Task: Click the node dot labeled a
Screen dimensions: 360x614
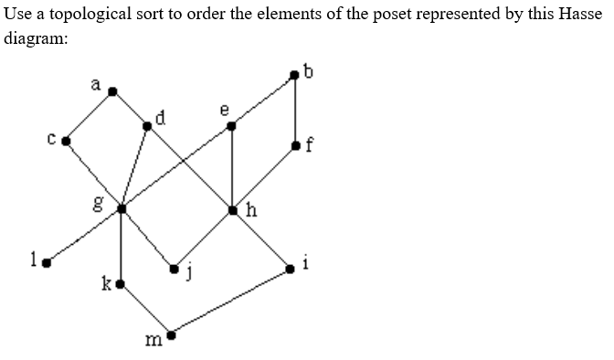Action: click(x=112, y=91)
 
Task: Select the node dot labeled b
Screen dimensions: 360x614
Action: click(x=294, y=73)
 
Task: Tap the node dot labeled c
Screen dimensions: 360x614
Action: click(x=66, y=142)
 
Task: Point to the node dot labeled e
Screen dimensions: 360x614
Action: click(x=232, y=125)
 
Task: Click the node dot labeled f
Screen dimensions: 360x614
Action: click(x=294, y=145)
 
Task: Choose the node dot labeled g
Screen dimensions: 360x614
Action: click(x=122, y=209)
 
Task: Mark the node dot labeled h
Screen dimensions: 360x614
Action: click(x=233, y=210)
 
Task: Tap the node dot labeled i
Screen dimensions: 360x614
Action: click(x=291, y=268)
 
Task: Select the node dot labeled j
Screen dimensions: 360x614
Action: click(x=175, y=269)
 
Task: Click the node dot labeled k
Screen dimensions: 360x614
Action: click(x=121, y=284)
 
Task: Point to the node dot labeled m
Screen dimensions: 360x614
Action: click(x=169, y=334)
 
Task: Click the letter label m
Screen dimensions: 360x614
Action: click(x=153, y=341)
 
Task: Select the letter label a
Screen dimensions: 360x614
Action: click(x=95, y=84)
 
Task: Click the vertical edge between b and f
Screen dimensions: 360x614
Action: click(x=294, y=110)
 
